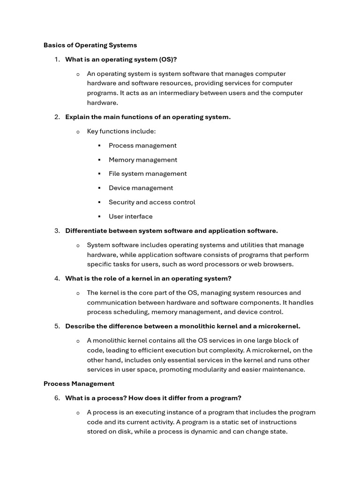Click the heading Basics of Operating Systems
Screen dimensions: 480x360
pos(90,45)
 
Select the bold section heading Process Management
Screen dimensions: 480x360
pos(79,383)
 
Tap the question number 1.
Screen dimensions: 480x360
pos(57,60)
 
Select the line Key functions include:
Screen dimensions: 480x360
pos(121,131)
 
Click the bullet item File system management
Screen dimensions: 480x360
pos(148,174)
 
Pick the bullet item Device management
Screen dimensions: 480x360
pos(141,188)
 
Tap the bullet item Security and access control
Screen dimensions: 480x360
pos(152,202)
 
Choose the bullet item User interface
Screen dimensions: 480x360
pos(130,217)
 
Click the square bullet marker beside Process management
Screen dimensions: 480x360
pos(99,146)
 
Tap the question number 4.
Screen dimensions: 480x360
pos(57,278)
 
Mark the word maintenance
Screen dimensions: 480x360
pos(285,369)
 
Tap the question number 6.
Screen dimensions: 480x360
pos(57,398)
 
